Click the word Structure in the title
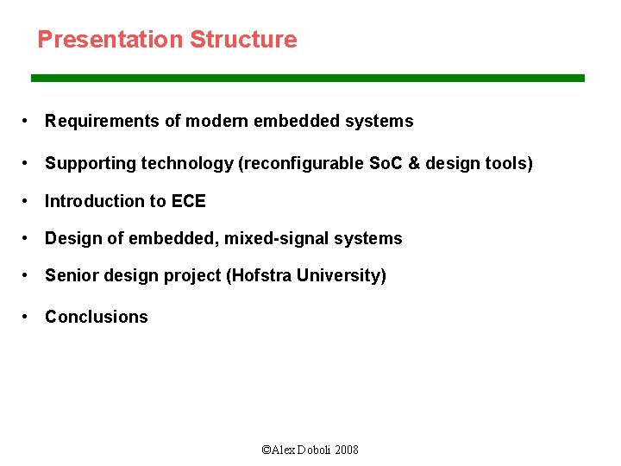[243, 40]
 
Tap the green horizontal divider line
[308, 78]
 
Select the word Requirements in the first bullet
[102, 122]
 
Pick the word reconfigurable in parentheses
[300, 163]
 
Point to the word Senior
[71, 275]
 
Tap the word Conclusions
[97, 317]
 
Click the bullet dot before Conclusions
[28, 317]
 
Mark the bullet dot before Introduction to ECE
[28, 201]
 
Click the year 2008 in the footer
[347, 450]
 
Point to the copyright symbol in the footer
[266, 450]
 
